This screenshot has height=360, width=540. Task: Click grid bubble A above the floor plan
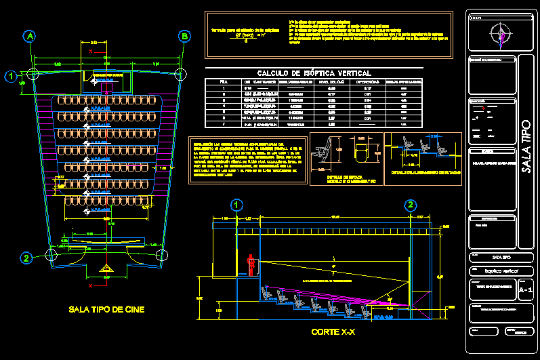(29, 37)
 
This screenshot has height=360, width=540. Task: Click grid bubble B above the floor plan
(184, 37)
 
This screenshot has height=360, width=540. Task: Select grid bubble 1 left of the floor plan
(11, 77)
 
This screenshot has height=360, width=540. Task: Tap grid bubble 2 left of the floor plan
(26, 258)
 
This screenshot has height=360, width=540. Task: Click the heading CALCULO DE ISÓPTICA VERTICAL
(314, 73)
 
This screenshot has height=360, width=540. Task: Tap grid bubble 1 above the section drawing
(236, 205)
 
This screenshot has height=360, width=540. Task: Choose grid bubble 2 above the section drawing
(410, 205)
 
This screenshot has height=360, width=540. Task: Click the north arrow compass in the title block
(501, 35)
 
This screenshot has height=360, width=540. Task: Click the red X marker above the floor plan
(90, 51)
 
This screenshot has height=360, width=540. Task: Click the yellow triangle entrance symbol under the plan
(106, 270)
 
